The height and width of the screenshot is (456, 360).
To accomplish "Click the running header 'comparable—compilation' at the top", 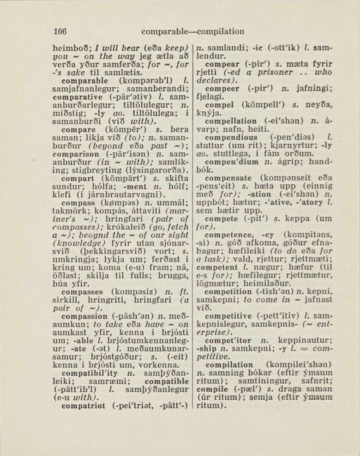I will click(193, 31).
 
